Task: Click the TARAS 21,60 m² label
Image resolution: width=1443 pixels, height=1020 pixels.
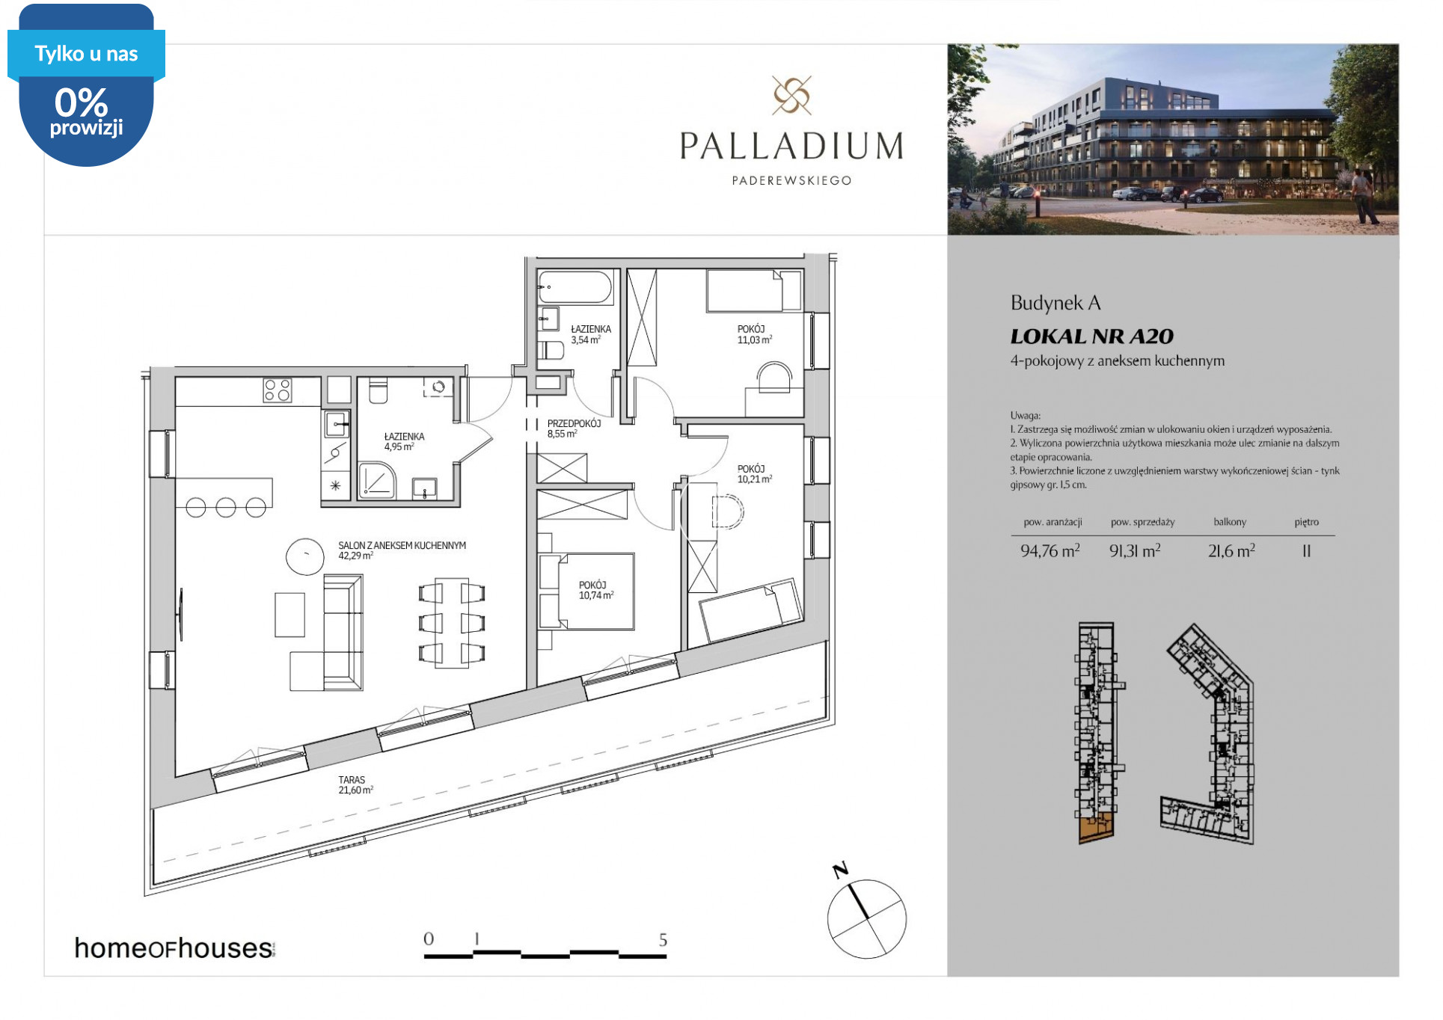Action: tap(356, 784)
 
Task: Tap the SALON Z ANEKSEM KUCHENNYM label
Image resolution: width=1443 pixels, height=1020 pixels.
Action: tap(402, 546)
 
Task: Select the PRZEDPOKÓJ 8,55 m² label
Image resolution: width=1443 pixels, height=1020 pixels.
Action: tap(574, 428)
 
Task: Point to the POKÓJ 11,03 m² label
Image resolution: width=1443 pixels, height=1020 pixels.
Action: tap(755, 334)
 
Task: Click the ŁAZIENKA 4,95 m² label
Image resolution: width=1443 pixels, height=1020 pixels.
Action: tap(404, 441)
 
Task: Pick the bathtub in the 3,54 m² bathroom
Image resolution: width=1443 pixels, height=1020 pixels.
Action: tap(575, 287)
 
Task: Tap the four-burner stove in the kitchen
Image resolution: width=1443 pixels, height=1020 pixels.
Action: tap(278, 390)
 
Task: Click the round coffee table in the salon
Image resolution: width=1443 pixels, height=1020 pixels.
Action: tap(305, 556)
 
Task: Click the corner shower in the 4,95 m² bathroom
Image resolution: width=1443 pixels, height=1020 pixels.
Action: tap(377, 479)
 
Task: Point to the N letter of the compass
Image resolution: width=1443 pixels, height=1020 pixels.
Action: tap(840, 870)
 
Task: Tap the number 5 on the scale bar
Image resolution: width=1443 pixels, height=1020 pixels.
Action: tap(663, 939)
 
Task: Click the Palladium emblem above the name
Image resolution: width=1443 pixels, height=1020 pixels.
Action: tap(791, 95)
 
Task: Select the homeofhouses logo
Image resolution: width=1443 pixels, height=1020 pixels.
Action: tap(174, 947)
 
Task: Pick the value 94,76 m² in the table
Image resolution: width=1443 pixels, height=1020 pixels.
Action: tap(1050, 551)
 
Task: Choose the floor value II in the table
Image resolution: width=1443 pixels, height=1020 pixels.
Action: tap(1306, 551)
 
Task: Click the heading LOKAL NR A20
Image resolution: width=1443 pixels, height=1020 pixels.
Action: tap(1091, 337)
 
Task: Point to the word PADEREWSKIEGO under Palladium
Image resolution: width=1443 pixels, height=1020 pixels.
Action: tap(791, 180)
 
